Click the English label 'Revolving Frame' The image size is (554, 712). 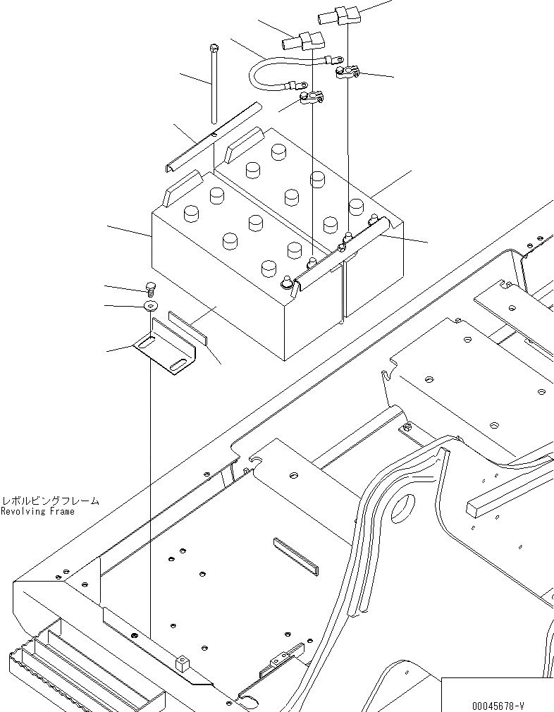coord(37,511)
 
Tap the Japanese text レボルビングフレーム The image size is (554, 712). coord(50,501)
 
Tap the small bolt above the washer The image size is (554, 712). coord(150,287)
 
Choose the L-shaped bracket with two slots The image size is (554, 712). coord(166,347)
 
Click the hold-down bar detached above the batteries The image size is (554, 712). coord(211,137)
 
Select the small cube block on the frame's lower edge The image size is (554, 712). coord(183,663)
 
